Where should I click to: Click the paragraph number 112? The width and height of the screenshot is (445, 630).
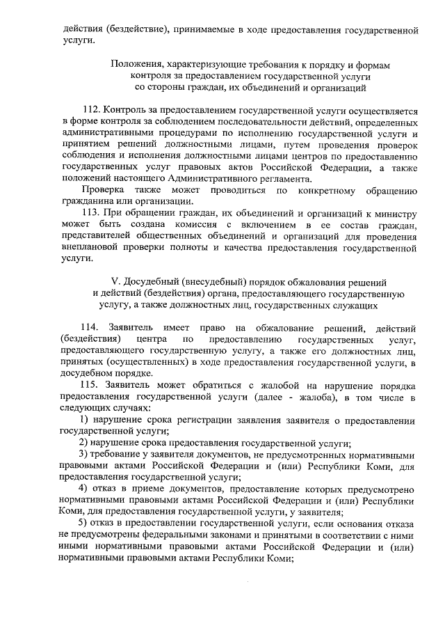coord(90,111)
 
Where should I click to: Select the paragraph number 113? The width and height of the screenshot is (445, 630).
coord(90,212)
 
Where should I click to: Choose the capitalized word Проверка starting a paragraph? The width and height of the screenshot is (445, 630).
coord(102,189)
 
